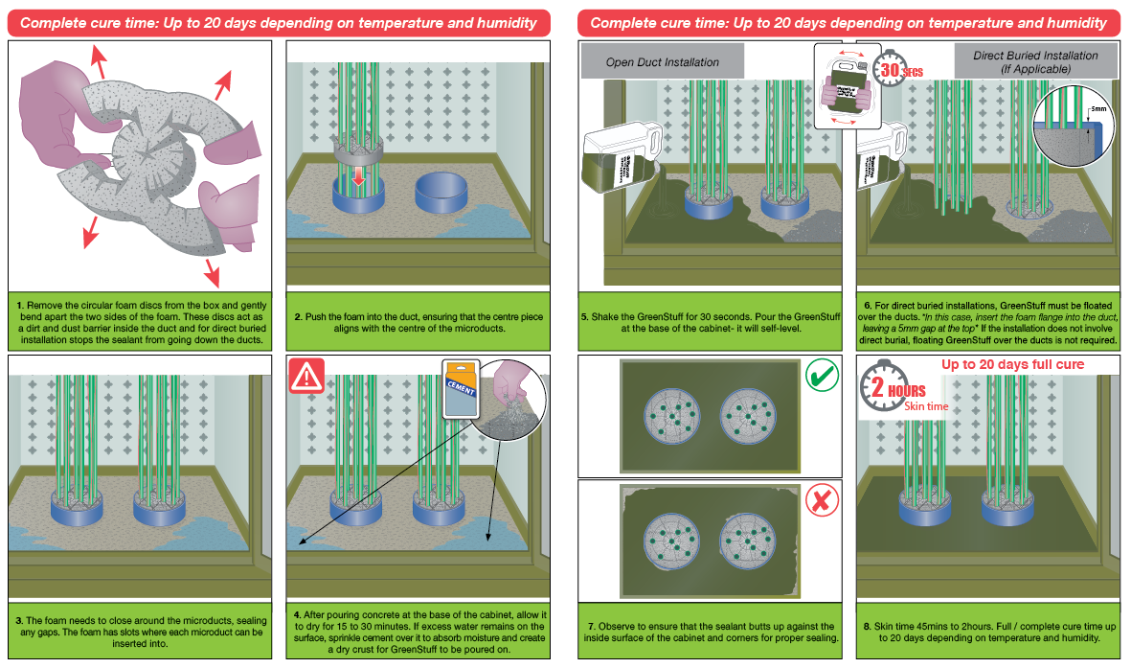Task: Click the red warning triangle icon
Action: click(x=307, y=377)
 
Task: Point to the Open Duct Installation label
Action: click(x=663, y=62)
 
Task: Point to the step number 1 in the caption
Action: click(x=20, y=304)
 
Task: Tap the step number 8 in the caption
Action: click(x=867, y=627)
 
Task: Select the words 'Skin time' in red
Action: click(x=927, y=406)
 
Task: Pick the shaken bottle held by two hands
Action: click(x=844, y=86)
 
